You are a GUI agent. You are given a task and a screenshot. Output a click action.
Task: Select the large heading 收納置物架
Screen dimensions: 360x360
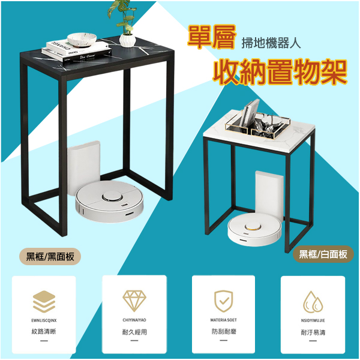(280, 70)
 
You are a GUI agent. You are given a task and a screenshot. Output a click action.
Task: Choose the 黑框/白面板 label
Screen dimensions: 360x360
(323, 254)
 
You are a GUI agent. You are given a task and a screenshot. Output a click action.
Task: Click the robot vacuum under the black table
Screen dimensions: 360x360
(110, 202)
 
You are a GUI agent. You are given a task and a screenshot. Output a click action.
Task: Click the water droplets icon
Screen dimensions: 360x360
(313, 301)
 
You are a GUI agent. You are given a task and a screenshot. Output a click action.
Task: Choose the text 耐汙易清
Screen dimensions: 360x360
(313, 331)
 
